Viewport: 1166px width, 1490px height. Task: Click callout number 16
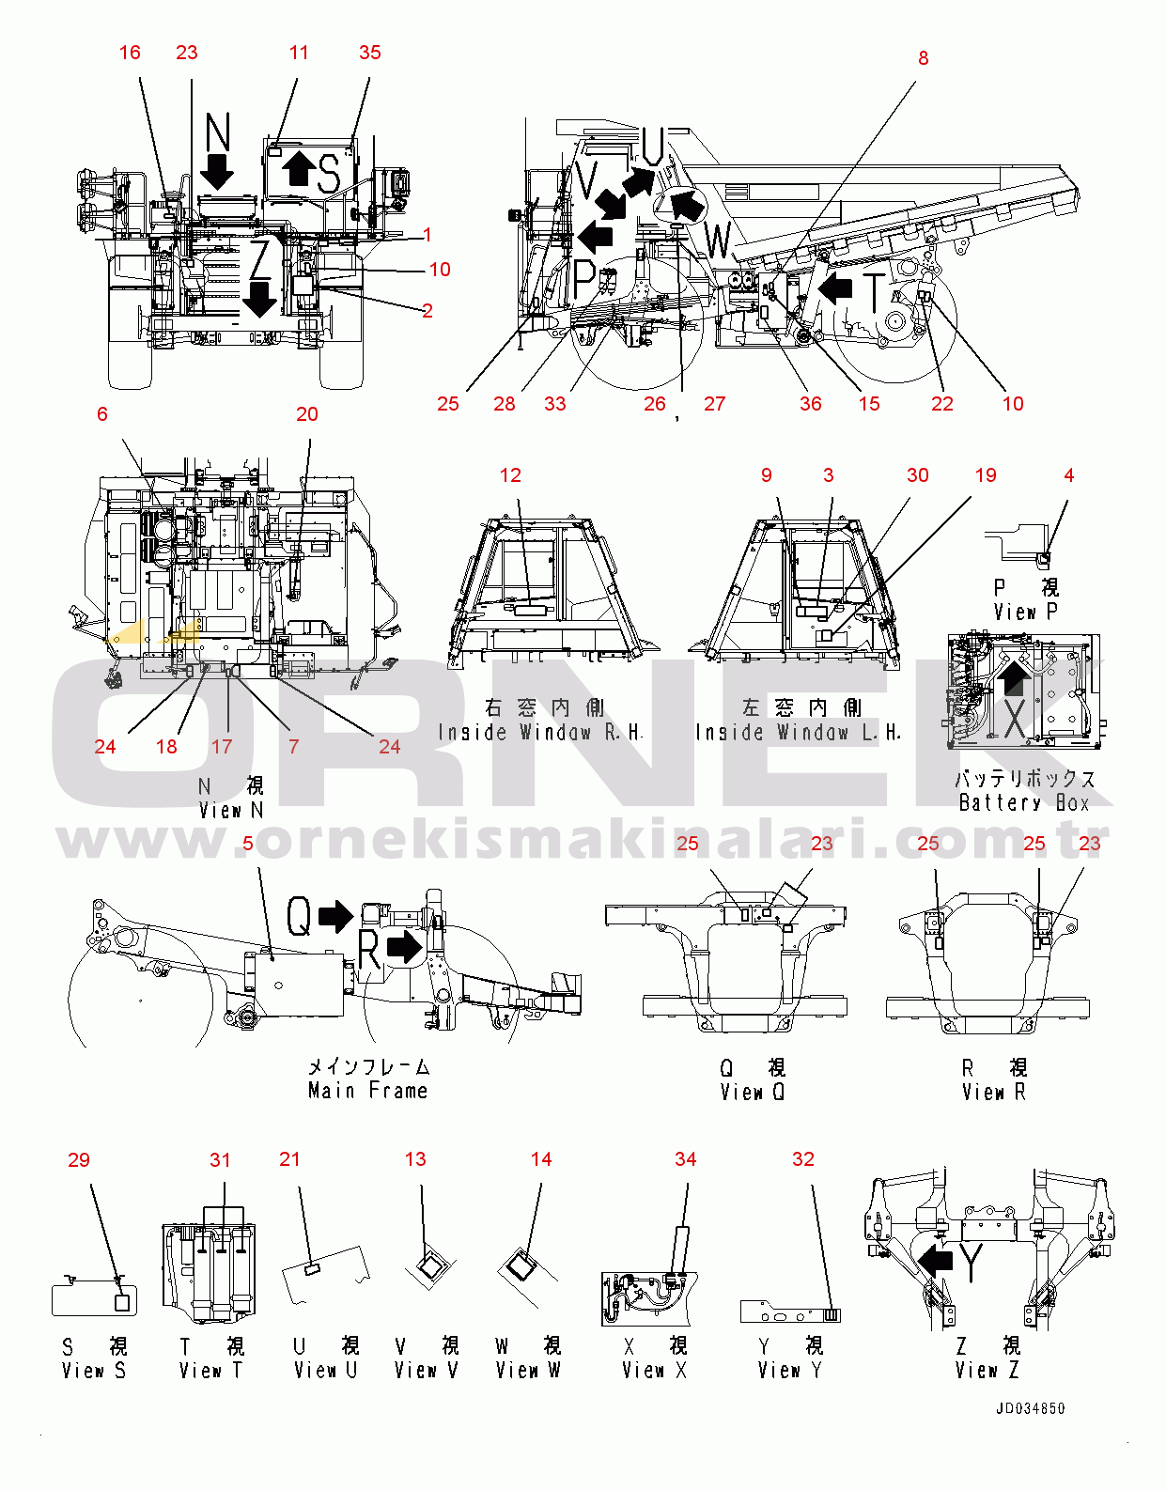coord(130,53)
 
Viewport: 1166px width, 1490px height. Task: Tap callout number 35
coord(370,53)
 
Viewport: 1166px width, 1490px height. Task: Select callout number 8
coord(923,58)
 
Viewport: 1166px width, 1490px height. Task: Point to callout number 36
coord(810,404)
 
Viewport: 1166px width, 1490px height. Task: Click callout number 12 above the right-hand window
coord(510,475)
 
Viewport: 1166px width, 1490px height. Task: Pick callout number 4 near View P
coord(1068,475)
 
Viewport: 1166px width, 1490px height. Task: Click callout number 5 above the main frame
coord(248,844)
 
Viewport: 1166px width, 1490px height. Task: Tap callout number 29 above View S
coord(79,1160)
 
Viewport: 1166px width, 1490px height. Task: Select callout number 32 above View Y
coord(803,1159)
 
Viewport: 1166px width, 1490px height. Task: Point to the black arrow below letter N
coord(217,172)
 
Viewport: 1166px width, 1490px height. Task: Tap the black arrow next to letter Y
coord(936,1260)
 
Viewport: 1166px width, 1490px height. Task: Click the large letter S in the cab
coord(328,173)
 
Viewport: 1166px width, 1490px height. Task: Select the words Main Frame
coord(367,1091)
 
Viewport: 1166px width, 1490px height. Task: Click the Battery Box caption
coord(1024,802)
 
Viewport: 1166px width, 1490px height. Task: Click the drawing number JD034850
coord(1031,1408)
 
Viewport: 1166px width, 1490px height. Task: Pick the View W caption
coord(527,1371)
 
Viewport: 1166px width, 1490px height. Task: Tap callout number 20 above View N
coord(307,414)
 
